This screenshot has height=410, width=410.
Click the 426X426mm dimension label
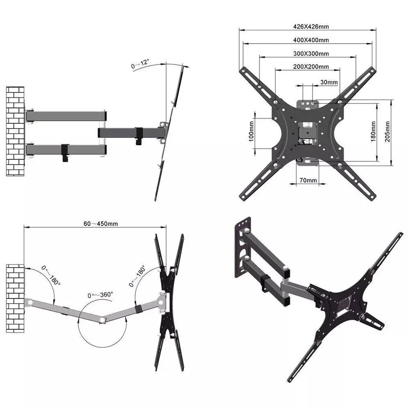311,26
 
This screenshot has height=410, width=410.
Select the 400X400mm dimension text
311,40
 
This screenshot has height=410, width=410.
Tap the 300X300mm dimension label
311,54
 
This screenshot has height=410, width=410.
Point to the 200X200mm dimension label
311,67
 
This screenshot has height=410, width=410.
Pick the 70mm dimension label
308,181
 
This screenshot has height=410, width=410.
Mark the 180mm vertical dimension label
374,132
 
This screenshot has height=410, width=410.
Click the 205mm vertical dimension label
387,132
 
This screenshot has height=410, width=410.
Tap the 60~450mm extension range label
101,224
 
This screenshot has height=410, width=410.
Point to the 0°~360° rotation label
100,295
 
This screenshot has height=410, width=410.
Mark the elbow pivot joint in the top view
102,320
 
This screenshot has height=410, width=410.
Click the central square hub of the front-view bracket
305,130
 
